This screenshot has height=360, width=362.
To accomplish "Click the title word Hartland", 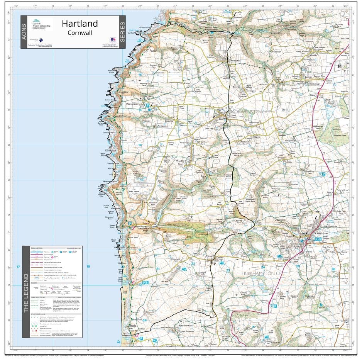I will click(x=80, y=24).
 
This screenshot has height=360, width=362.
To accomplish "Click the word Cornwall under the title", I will click(x=80, y=33).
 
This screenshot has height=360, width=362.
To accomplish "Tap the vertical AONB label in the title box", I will click(x=24, y=32).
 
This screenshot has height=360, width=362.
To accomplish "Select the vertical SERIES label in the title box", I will click(x=122, y=32).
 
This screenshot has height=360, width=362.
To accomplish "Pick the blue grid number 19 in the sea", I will click(x=88, y=267).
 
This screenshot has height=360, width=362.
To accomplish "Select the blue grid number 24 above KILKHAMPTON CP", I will click(x=263, y=267).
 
